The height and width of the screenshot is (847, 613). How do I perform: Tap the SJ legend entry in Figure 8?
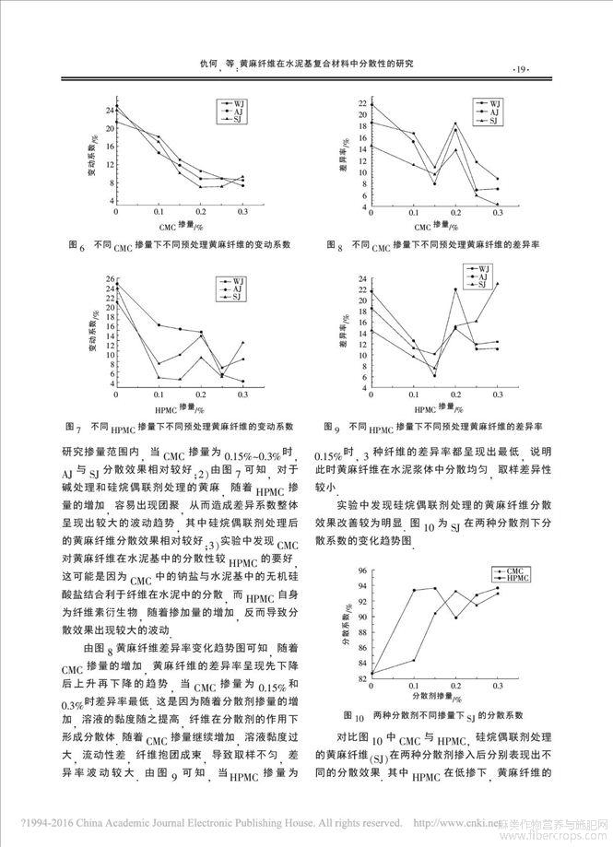click(x=493, y=121)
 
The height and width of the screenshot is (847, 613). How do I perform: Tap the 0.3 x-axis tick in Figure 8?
click(x=497, y=214)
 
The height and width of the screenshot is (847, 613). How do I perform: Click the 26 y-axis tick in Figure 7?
click(x=110, y=278)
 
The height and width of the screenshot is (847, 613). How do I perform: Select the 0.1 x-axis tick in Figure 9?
click(x=413, y=398)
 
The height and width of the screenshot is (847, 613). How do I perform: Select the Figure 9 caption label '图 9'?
click(x=335, y=429)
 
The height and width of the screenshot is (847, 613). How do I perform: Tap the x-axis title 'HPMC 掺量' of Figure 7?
click(x=174, y=406)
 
